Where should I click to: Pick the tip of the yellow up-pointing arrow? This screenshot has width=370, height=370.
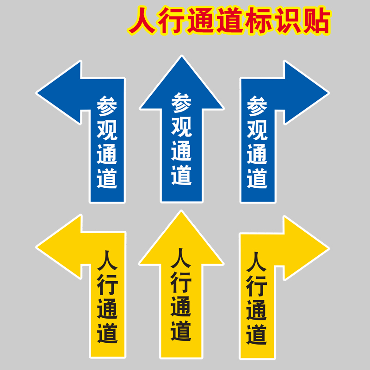click(182, 212)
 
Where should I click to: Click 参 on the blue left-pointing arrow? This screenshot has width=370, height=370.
click(107, 106)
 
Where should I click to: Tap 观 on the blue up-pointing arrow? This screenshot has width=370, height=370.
click(182, 126)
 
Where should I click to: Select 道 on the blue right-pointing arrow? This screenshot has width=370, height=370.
click(257, 178)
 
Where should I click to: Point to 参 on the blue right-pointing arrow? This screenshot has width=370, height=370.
click(257, 106)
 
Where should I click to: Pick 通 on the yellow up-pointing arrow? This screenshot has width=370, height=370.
click(182, 307)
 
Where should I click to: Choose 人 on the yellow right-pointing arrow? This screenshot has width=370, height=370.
click(257, 261)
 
